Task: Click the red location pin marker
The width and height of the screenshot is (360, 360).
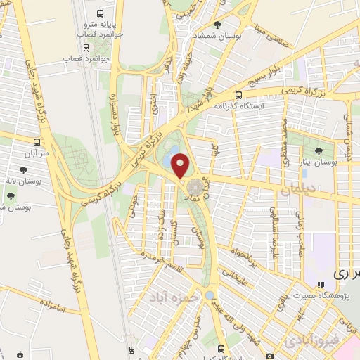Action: tap(181, 165)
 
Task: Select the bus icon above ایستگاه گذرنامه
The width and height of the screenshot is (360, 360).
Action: tap(238, 95)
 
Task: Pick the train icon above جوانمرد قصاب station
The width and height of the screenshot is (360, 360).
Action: tap(86, 48)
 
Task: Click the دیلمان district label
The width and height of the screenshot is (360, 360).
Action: tap(295, 188)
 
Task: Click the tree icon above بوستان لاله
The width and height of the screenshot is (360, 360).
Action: tap(25, 169)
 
